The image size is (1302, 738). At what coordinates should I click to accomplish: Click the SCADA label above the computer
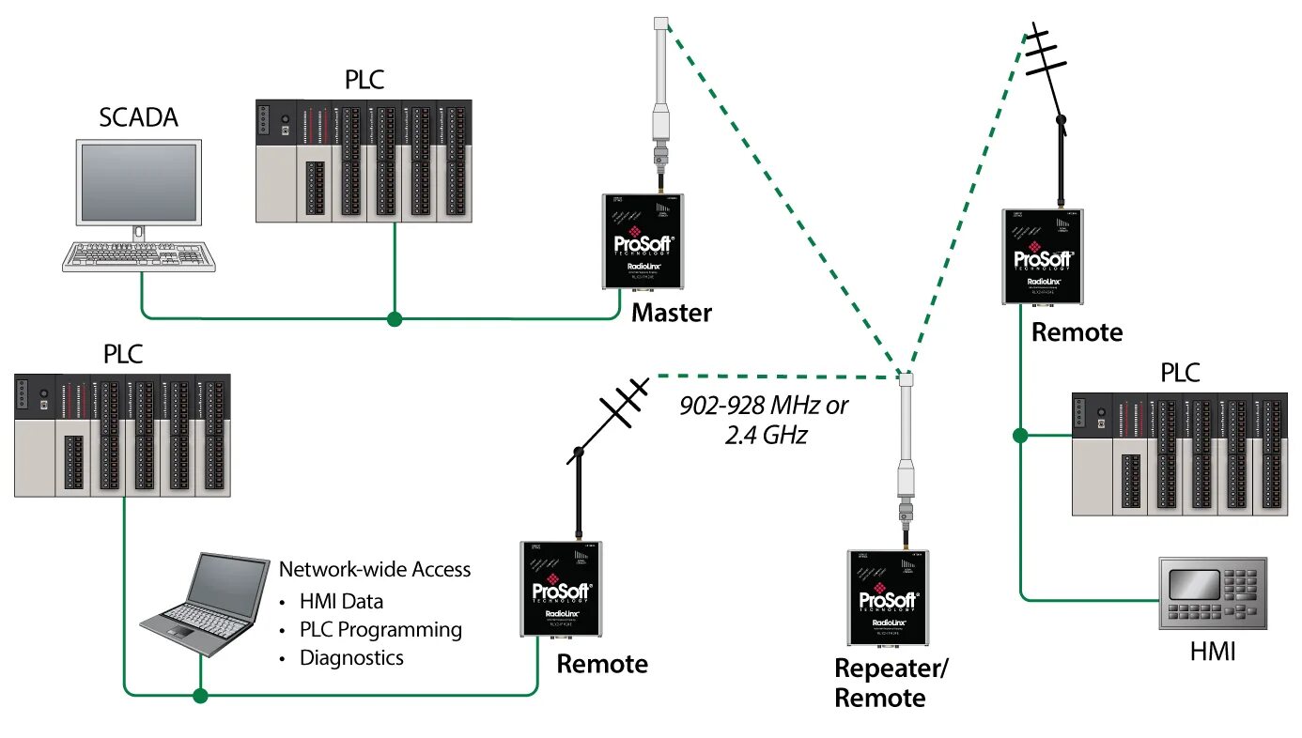pyautogui.click(x=138, y=118)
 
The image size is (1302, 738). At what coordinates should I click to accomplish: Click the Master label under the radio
pyautogui.click(x=671, y=313)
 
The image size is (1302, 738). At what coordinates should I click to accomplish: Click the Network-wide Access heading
pyautogui.click(x=375, y=569)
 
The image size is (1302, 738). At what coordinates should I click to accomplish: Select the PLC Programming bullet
pyautogui.click(x=380, y=629)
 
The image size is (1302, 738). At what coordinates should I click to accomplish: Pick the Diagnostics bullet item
pyautogui.click(x=351, y=657)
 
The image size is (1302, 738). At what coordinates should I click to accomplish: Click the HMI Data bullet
pyautogui.click(x=341, y=601)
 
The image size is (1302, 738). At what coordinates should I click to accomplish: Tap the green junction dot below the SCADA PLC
pyautogui.click(x=395, y=319)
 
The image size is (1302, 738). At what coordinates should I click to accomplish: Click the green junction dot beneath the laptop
pyautogui.click(x=199, y=696)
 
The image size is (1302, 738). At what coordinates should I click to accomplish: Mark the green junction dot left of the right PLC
pyautogui.click(x=1020, y=435)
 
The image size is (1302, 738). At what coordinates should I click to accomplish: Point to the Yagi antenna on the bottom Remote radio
pyautogui.click(x=609, y=413)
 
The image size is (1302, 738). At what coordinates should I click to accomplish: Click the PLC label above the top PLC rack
pyautogui.click(x=364, y=80)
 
